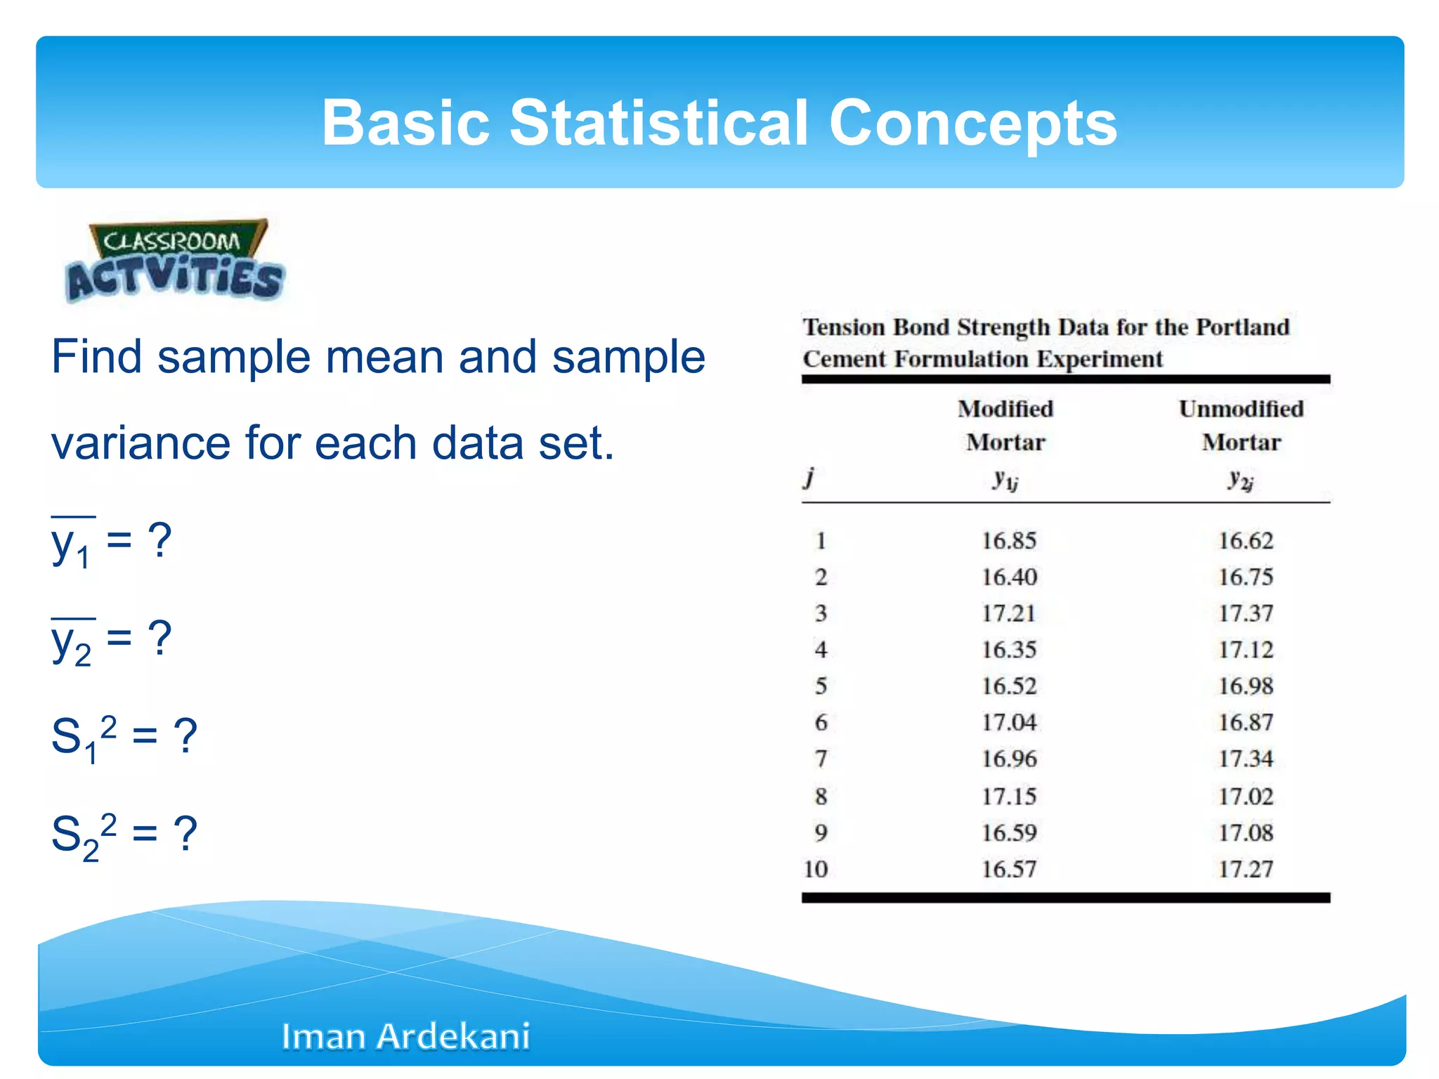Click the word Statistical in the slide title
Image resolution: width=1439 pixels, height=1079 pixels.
[x=658, y=122]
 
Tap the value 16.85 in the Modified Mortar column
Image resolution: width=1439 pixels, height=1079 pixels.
[x=1008, y=541]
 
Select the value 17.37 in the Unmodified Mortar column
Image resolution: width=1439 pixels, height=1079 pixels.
[x=1245, y=613]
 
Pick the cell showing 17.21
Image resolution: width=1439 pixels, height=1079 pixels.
[x=1008, y=613]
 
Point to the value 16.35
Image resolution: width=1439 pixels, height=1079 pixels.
[x=1008, y=650]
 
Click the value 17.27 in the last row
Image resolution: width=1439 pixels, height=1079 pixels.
[x=1245, y=870]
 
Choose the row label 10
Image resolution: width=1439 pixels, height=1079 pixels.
[x=816, y=870]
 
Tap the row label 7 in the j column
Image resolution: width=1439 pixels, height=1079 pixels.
[x=821, y=759]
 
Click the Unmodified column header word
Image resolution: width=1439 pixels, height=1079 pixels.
[x=1241, y=409]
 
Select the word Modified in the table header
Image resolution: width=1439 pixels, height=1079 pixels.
[x=1005, y=409]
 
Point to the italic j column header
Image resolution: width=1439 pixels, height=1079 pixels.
[x=810, y=478]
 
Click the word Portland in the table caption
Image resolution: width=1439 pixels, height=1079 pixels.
[x=1242, y=327]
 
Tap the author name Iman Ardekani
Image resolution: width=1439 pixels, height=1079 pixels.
[x=405, y=1036]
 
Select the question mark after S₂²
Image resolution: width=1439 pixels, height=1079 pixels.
[x=185, y=834]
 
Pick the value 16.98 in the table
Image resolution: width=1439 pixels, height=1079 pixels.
[x=1245, y=686]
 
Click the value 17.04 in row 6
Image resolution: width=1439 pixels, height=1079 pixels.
[x=1008, y=723]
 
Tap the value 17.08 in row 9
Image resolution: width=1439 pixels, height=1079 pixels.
[x=1245, y=833]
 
